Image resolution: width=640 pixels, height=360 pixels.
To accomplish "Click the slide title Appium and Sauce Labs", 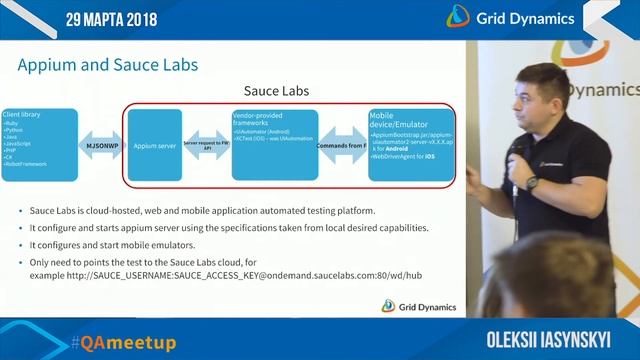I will (108, 66).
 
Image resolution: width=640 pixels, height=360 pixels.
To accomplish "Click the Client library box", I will (39, 144).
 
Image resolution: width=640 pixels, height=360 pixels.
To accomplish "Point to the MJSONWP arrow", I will (100, 144).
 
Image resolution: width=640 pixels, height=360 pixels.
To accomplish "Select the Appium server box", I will (155, 144).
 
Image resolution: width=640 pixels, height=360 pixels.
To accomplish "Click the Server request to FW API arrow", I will (206, 144).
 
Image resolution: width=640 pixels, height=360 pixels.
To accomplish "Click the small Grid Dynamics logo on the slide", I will (420, 307).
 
